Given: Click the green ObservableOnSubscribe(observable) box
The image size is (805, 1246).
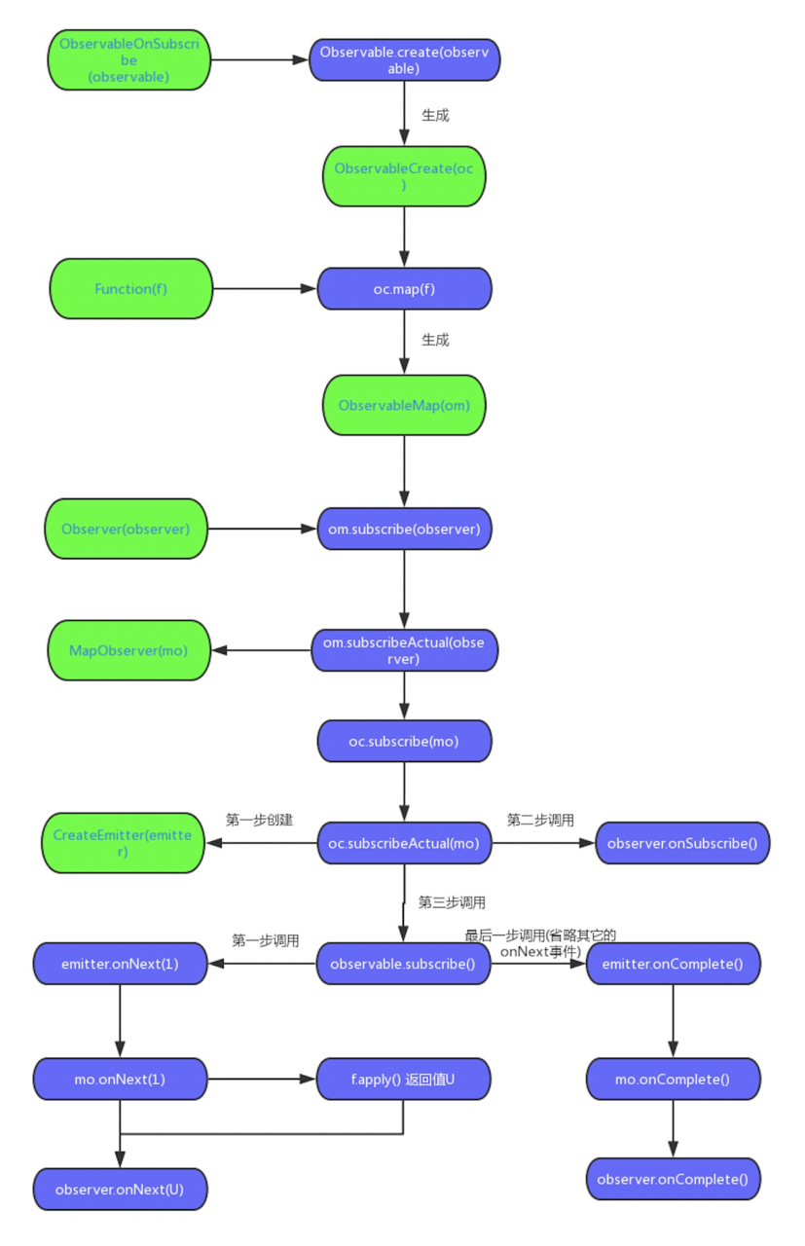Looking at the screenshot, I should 129,60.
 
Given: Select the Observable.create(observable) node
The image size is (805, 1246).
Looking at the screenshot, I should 404,60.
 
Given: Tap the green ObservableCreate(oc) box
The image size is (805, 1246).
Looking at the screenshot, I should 404,176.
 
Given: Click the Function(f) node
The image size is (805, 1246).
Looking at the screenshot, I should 130,288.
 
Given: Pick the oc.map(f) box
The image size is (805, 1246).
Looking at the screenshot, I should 404,289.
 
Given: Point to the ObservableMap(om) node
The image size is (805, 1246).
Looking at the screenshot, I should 404,405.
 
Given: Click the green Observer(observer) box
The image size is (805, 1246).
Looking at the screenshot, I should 126,529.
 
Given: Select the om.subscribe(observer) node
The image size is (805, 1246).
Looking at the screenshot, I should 404,529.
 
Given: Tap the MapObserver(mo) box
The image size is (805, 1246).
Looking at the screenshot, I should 128,650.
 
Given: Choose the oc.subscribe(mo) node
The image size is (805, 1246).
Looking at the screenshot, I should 404,742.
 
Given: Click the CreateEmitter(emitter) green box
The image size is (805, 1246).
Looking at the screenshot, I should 123,843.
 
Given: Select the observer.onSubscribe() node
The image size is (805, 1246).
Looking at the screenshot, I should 681,843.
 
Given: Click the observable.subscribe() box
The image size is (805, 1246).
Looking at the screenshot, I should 403,964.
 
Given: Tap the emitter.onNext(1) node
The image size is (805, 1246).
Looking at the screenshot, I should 120,964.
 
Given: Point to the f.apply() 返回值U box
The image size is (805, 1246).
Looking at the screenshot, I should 403,1079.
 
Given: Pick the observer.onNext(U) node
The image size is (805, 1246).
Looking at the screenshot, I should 120,1190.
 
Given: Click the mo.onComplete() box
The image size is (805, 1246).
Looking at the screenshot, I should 673,1079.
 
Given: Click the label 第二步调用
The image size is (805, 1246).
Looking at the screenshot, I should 540,820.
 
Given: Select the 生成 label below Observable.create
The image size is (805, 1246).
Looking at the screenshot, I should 435,115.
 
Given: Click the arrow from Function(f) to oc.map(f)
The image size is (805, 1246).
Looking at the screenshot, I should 264,288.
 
